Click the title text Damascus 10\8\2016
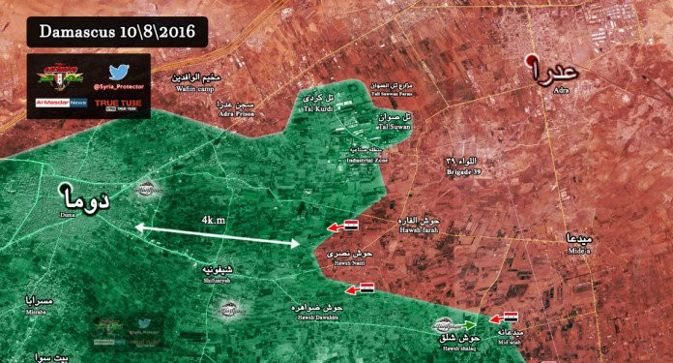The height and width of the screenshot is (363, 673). click(x=117, y=31)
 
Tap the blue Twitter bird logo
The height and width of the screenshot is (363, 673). click(x=119, y=72)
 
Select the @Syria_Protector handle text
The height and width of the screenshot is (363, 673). click(x=119, y=89)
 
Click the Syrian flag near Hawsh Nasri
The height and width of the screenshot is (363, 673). click(x=351, y=226)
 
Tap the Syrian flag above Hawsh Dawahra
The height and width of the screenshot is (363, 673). click(x=366, y=288)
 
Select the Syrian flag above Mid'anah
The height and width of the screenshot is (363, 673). click(x=510, y=318)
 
